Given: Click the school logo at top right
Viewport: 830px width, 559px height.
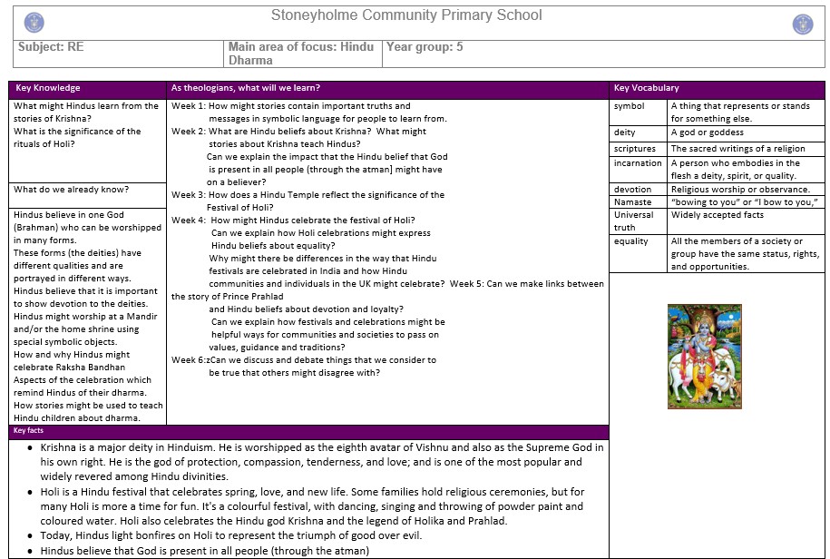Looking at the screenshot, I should tap(802, 24).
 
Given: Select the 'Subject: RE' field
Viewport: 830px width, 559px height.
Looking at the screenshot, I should tap(51, 47).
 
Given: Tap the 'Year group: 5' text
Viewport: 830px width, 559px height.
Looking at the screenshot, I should tap(425, 47).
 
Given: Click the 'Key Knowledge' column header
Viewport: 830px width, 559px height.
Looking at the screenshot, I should tap(48, 88).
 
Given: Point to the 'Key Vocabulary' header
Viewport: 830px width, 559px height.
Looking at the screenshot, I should tap(646, 88).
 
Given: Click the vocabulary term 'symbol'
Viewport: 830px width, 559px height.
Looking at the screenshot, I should tap(629, 106).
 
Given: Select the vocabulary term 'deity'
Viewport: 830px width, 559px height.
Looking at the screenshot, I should tap(624, 132).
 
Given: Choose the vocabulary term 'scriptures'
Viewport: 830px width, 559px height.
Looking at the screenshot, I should tap(634, 149).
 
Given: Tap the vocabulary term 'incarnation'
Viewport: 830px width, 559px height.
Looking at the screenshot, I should tap(638, 163).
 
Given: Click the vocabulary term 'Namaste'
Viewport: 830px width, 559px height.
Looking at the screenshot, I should tap(632, 202).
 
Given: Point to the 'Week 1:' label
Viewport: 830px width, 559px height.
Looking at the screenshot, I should tap(189, 106).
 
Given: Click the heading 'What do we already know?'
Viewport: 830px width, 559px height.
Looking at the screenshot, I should tap(71, 190).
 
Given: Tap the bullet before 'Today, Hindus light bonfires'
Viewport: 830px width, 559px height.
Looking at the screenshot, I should tap(31, 536).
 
